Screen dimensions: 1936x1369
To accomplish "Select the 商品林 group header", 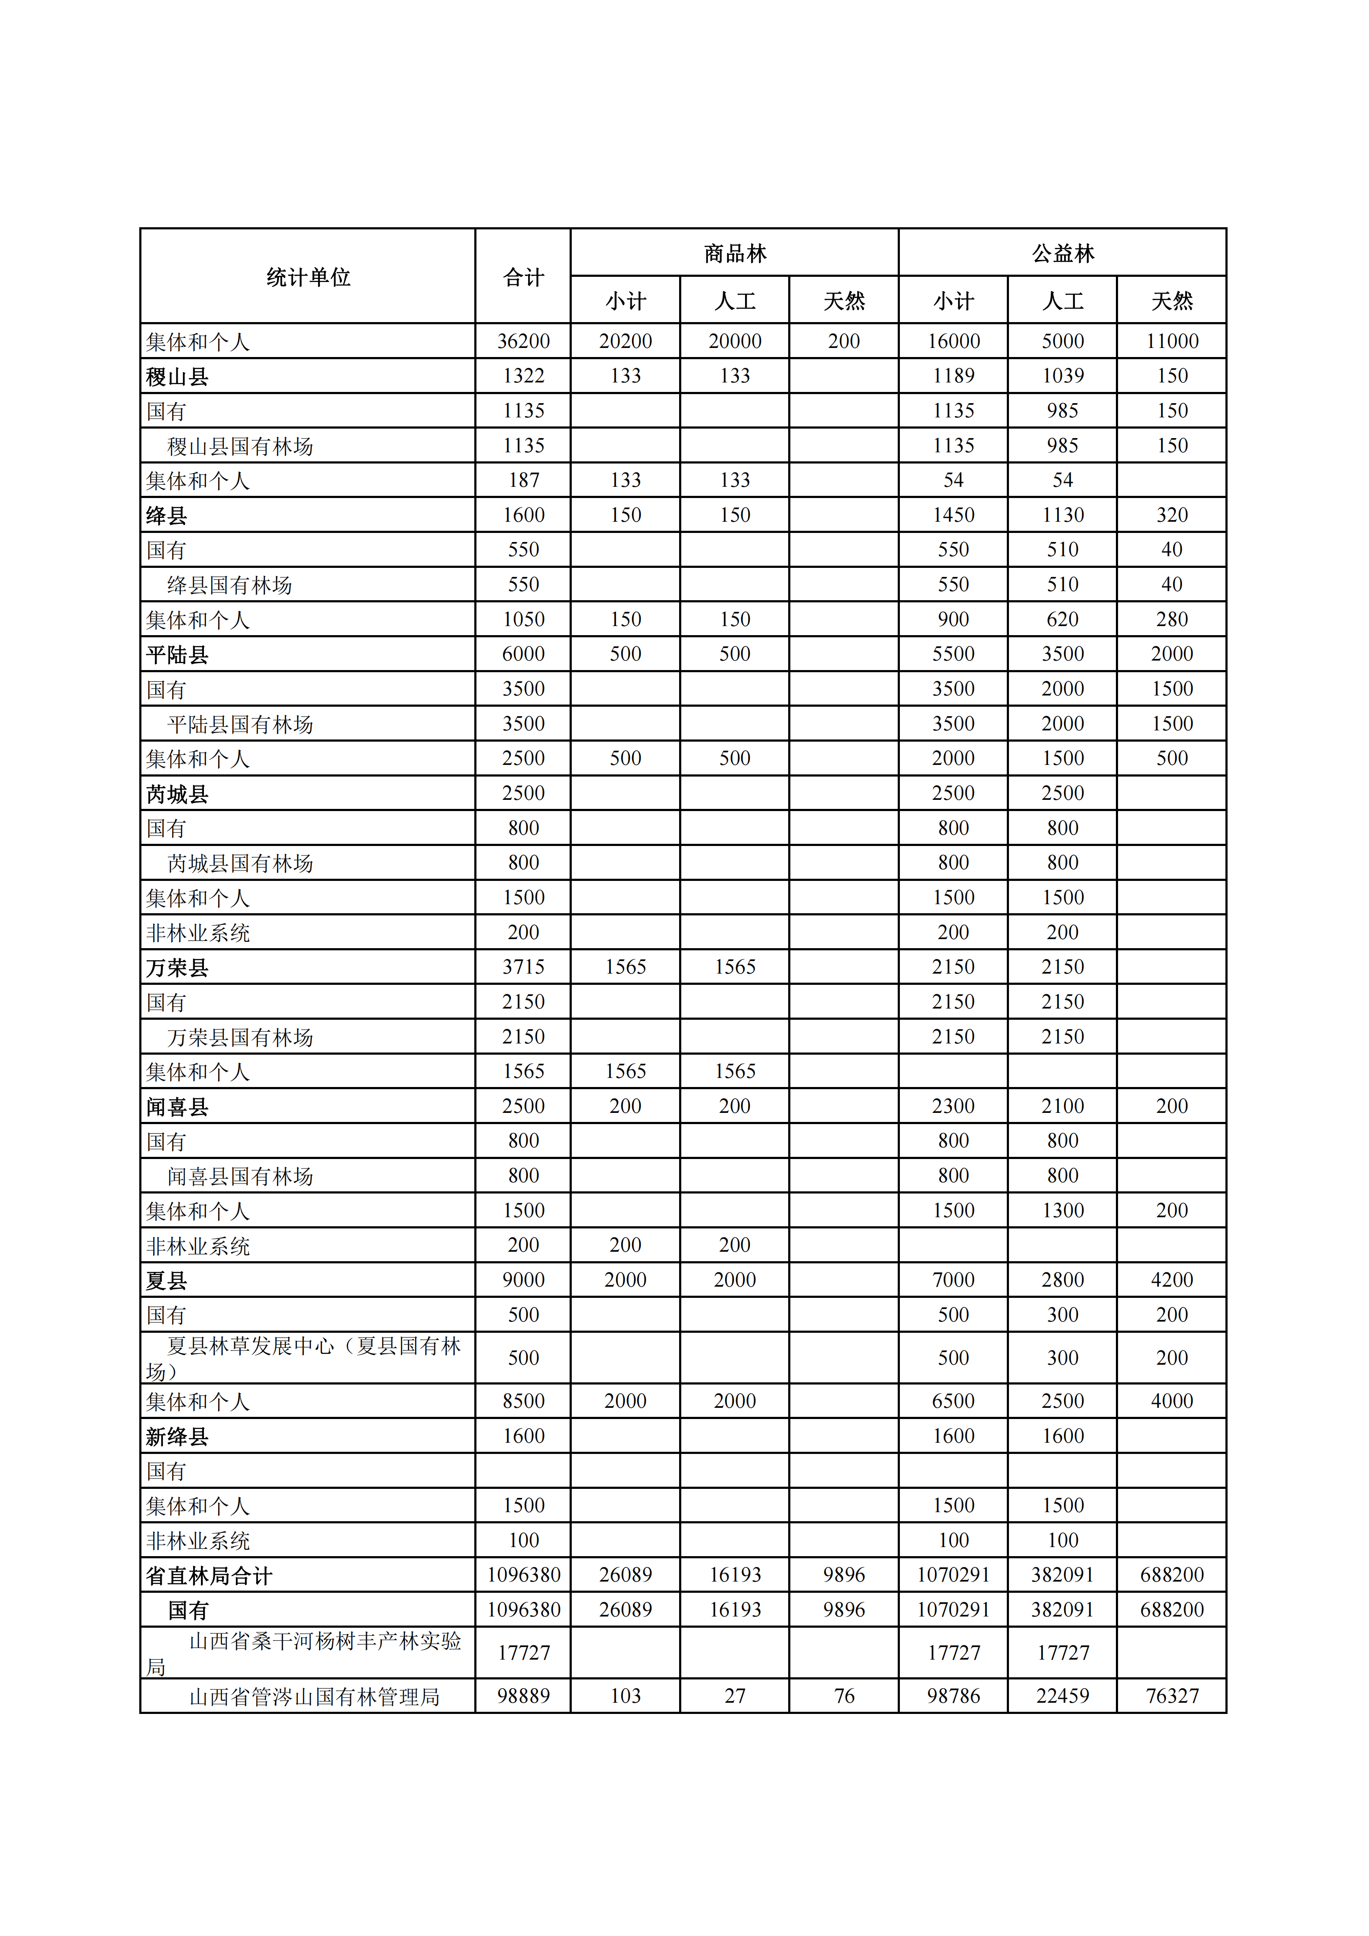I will tap(734, 253).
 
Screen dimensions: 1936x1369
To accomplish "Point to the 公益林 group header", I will tap(1062, 253).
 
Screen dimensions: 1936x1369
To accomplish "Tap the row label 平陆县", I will tap(177, 655).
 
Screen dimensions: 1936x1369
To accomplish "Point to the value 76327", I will tap(1172, 1696).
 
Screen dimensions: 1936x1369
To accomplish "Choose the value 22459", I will tap(1062, 1696).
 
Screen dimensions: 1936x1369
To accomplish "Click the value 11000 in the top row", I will tap(1172, 341).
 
